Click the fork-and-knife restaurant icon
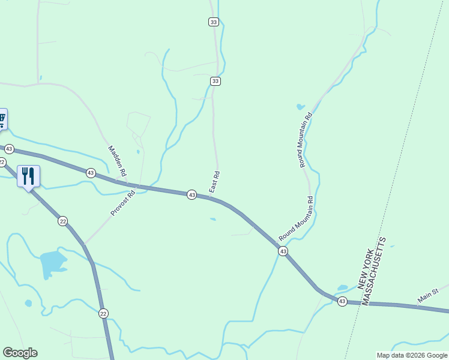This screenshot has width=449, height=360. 28,176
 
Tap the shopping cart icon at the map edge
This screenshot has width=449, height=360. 2,119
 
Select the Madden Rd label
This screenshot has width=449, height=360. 118,161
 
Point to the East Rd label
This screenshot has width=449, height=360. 215,182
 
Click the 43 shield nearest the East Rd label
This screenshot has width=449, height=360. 191,195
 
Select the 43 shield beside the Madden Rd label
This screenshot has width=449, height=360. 91,173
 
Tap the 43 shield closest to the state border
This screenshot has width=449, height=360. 342,301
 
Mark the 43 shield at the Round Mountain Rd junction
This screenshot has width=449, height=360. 283,251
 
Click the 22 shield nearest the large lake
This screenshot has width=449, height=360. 63,221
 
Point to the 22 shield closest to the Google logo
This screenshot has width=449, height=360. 103,313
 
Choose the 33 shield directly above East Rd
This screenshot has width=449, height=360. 215,81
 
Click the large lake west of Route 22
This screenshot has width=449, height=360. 52,262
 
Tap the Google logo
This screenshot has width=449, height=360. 20,353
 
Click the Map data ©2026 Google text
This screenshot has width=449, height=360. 412,355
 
